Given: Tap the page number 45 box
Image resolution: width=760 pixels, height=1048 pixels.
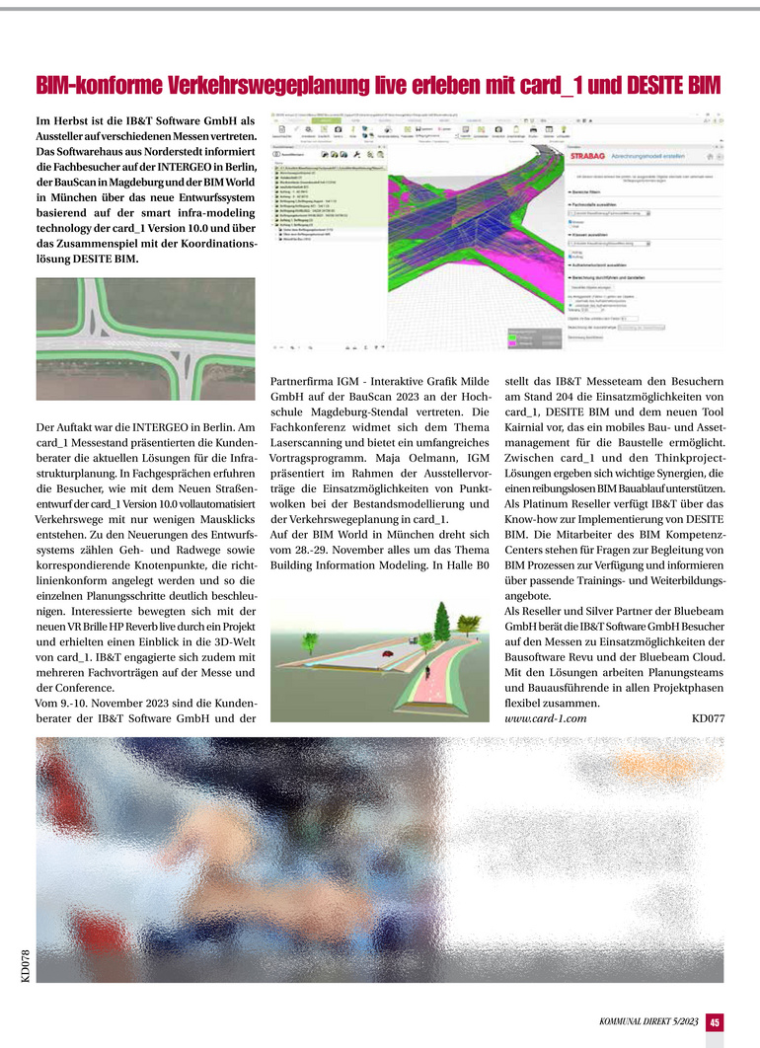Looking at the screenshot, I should click(x=715, y=1022).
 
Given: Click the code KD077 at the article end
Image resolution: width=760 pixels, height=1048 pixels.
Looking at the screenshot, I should click(x=709, y=718).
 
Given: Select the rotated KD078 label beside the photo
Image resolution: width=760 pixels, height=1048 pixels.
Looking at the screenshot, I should click(x=26, y=964).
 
